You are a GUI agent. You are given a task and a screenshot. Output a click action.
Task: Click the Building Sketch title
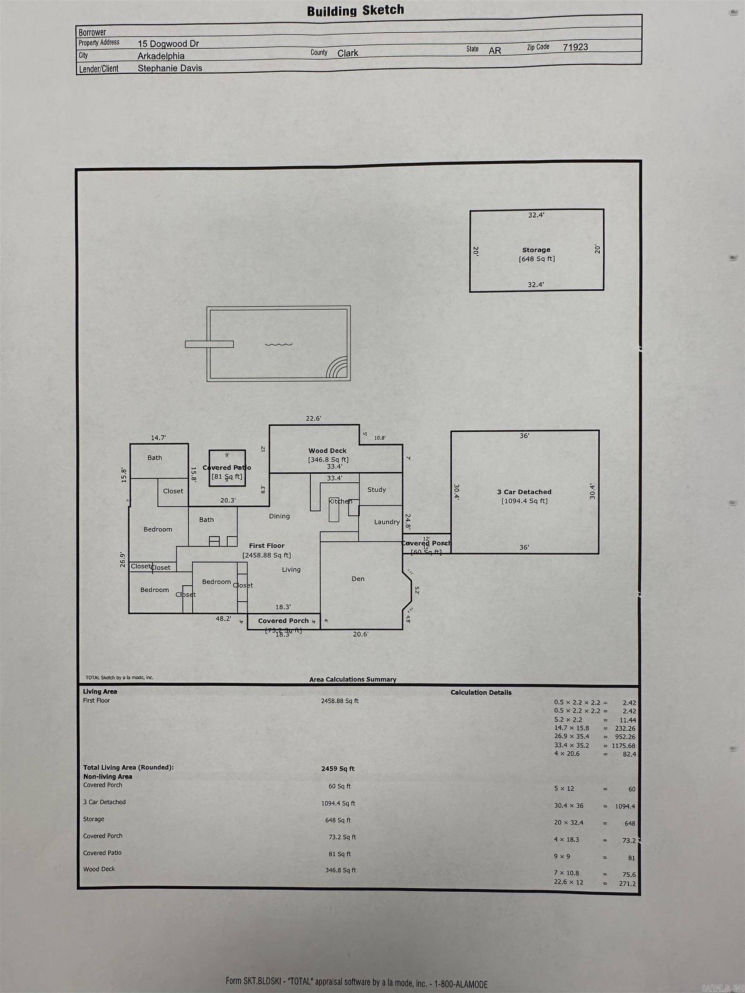(x=355, y=10)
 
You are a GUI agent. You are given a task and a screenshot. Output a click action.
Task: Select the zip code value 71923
(x=575, y=47)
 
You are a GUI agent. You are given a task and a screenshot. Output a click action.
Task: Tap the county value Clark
(x=347, y=53)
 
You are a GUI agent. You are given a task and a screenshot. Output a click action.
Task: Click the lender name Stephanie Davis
(x=170, y=68)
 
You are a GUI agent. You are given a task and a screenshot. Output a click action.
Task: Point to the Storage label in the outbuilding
(x=536, y=250)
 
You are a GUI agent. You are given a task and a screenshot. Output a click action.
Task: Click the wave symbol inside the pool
(x=279, y=344)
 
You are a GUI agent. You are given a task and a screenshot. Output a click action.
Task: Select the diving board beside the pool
(x=209, y=344)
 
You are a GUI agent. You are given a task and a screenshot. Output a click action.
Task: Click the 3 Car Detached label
(x=524, y=492)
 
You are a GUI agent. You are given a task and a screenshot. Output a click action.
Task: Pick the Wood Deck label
(x=327, y=451)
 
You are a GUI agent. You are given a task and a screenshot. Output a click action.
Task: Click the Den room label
(x=358, y=579)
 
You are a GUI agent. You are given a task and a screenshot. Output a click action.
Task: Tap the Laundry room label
(x=387, y=522)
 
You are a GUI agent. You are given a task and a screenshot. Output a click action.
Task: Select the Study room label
(x=376, y=490)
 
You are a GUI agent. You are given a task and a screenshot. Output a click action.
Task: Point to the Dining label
(x=279, y=516)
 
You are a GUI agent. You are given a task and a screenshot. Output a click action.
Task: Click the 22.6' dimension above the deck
(x=313, y=418)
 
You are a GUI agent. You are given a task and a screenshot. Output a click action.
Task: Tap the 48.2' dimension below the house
(x=223, y=618)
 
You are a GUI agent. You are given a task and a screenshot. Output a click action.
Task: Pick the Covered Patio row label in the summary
(x=102, y=853)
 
